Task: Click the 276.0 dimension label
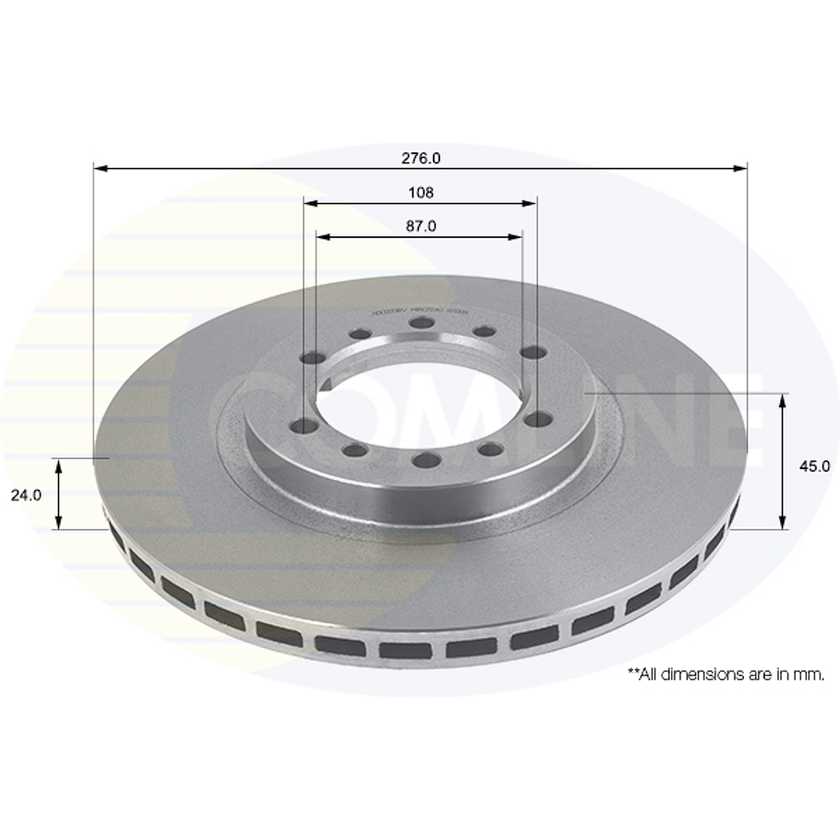click(420, 158)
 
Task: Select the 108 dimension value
click(420, 193)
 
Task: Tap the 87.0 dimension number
click(420, 226)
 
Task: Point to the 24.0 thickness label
click(26, 495)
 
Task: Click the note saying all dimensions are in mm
click(726, 675)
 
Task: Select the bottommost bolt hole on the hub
click(423, 461)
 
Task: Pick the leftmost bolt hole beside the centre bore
click(298, 426)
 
